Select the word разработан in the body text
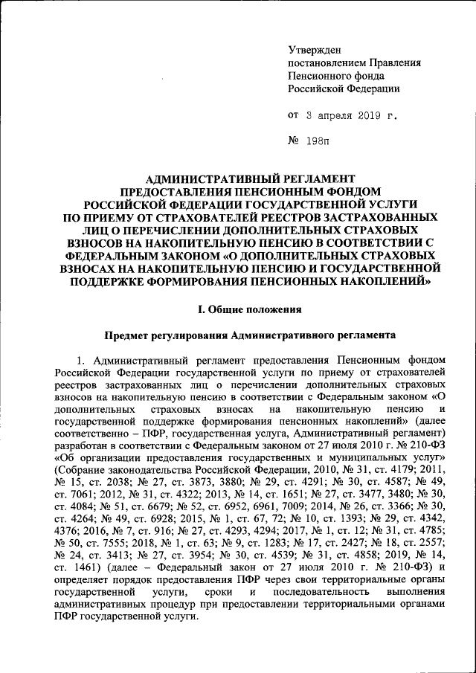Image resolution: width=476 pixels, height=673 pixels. (83, 444)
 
